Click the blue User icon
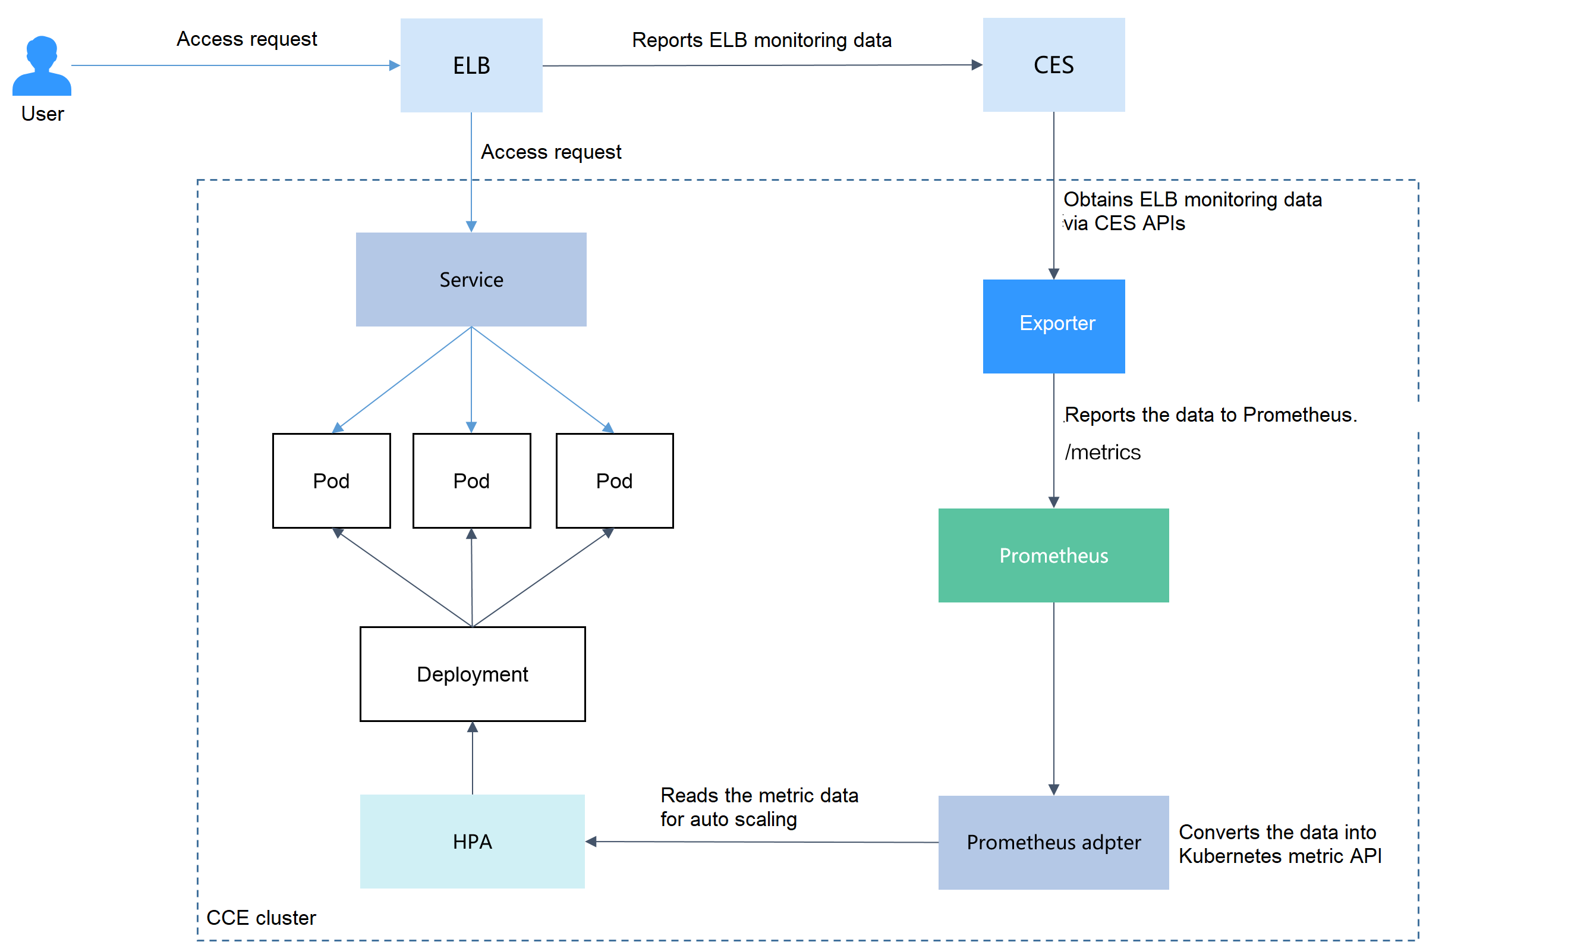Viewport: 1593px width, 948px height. coord(42,66)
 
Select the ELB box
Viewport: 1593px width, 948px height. coord(471,65)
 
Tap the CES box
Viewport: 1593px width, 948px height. coord(1053,64)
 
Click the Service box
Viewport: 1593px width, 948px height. coord(471,279)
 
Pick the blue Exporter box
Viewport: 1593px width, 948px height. coord(1053,326)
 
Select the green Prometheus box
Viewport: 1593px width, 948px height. coord(1053,555)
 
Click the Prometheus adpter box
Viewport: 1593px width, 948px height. coord(1053,842)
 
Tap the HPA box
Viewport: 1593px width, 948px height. coord(472,842)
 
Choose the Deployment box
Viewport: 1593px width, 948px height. coord(473,674)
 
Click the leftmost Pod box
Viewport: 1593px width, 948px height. coord(330,481)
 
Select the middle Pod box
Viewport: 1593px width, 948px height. coord(471,481)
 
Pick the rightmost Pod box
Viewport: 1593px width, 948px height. coord(614,481)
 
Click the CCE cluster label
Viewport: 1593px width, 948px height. coord(260,917)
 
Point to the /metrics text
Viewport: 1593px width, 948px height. coord(1102,452)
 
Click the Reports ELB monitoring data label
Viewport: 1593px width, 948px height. coord(761,40)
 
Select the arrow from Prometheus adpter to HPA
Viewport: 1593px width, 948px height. coord(760,842)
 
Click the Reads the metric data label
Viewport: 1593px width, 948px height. coord(758,795)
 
